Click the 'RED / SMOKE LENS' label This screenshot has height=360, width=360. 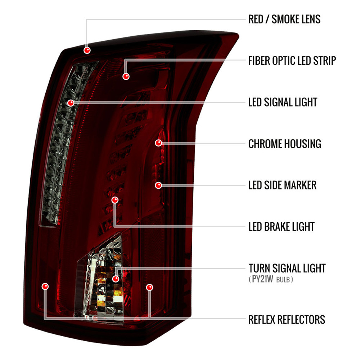pyautogui.click(x=284, y=19)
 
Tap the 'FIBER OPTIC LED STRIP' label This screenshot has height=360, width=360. pyautogui.click(x=292, y=60)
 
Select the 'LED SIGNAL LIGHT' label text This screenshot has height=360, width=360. pyautogui.click(x=283, y=102)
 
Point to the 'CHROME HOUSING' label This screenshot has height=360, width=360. pyautogui.click(x=285, y=144)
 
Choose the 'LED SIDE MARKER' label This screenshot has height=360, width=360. pyautogui.click(x=282, y=185)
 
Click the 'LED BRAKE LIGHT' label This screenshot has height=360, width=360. pyautogui.click(x=282, y=226)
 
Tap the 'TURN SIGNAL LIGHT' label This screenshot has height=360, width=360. pyautogui.click(x=287, y=268)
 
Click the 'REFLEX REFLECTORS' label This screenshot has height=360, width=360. pyautogui.click(x=287, y=320)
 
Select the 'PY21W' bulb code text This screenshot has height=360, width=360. pyautogui.click(x=262, y=279)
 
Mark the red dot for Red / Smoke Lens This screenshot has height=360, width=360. pyautogui.click(x=87, y=50)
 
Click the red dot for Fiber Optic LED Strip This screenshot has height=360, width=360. pyautogui.click(x=126, y=76)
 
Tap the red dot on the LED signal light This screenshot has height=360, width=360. pyautogui.click(x=71, y=103)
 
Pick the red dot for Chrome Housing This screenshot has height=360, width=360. pyautogui.click(x=158, y=143)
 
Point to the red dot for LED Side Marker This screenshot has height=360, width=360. pyautogui.click(x=158, y=185)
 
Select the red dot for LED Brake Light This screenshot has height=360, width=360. pyautogui.click(x=115, y=200)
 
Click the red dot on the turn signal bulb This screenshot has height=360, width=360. pyautogui.click(x=116, y=279)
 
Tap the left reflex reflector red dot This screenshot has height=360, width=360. pyautogui.click(x=45, y=286)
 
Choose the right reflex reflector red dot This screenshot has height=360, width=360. pyautogui.click(x=149, y=287)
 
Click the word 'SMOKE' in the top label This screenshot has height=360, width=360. pyautogui.click(x=285, y=19)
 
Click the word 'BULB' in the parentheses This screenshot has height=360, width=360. pyautogui.click(x=283, y=280)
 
